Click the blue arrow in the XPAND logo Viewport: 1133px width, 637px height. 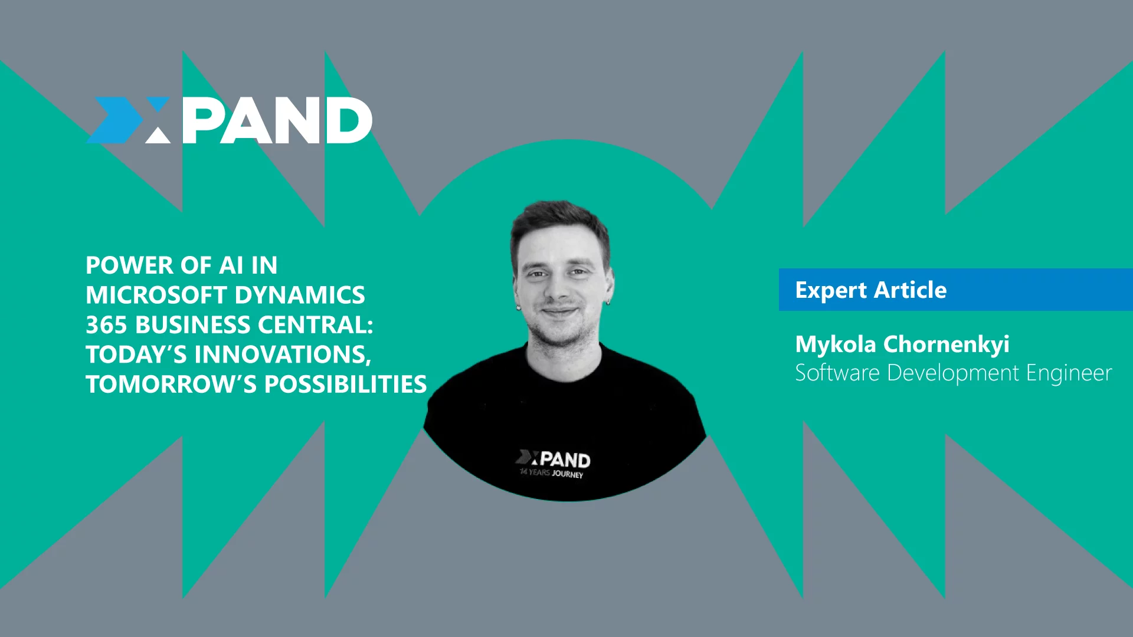click(x=115, y=120)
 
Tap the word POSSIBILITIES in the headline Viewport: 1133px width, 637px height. click(x=345, y=385)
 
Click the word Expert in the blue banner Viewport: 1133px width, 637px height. click(x=831, y=291)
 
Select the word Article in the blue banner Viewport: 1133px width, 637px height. click(x=911, y=290)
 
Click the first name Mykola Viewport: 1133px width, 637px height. click(x=836, y=345)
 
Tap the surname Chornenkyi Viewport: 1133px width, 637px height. click(x=947, y=345)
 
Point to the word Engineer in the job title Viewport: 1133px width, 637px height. click(x=1069, y=373)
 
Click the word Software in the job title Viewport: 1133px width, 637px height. click(x=837, y=373)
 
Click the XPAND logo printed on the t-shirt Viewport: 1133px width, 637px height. click(x=553, y=458)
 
